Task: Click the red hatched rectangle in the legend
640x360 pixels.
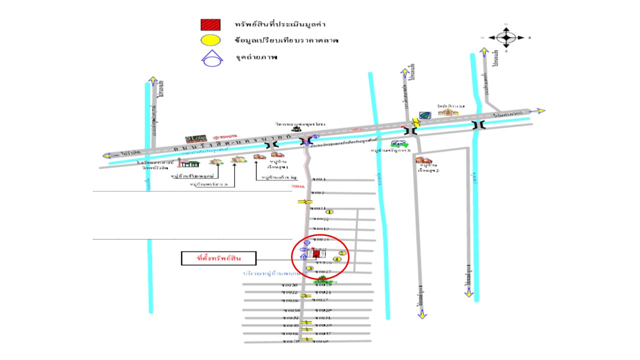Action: [x=210, y=24]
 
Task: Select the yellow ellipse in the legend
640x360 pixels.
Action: [x=210, y=40]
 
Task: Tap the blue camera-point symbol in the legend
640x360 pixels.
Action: [x=210, y=58]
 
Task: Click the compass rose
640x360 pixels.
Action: [x=506, y=37]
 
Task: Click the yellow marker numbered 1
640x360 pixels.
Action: [x=329, y=212]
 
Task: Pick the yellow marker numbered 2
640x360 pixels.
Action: [x=342, y=252]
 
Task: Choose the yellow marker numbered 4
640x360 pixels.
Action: [x=337, y=259]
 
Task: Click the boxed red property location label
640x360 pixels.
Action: [x=218, y=258]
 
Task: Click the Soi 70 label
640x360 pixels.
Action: [x=289, y=341]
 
